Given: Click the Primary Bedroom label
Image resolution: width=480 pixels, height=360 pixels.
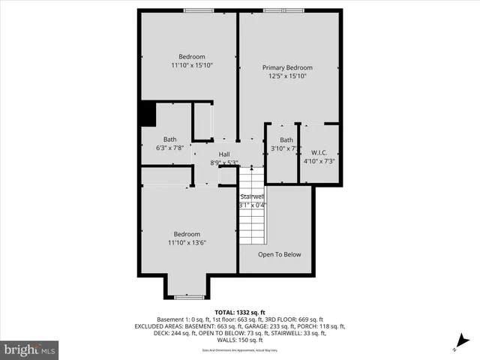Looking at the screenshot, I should pyautogui.click(x=287, y=67).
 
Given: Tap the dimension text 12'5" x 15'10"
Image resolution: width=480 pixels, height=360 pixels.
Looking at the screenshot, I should pyautogui.click(x=287, y=76).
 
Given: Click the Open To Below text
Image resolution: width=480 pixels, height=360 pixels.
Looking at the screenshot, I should pyautogui.click(x=279, y=254).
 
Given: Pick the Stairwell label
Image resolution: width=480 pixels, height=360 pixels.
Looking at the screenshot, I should pyautogui.click(x=252, y=196).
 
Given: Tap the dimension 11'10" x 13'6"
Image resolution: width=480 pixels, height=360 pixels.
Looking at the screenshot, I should pyautogui.click(x=187, y=242).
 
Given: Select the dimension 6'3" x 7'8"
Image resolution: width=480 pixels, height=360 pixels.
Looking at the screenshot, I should pyautogui.click(x=170, y=148).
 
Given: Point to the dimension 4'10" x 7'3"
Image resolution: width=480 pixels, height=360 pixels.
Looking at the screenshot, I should pyautogui.click(x=319, y=160).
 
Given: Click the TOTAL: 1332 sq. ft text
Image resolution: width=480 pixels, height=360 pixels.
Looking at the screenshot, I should pyautogui.click(x=240, y=311).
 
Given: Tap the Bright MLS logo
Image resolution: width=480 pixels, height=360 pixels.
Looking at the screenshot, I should pyautogui.click(x=30, y=349).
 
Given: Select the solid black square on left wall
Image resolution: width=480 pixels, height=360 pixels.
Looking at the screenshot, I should pyautogui.click(x=147, y=114).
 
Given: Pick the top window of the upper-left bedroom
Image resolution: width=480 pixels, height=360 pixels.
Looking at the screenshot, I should pyautogui.click(x=197, y=10).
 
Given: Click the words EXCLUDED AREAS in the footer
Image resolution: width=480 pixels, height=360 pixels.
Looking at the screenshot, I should pyautogui.click(x=160, y=326).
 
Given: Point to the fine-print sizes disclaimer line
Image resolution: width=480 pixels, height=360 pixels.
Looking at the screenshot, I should pyautogui.click(x=240, y=350).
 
